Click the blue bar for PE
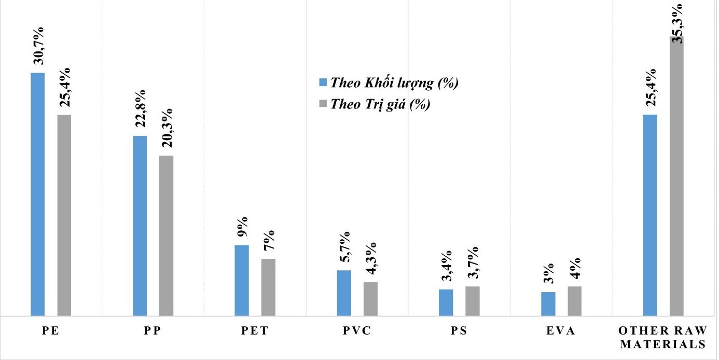click(x=37, y=194)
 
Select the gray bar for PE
click(x=64, y=215)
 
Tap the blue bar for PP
click(x=140, y=226)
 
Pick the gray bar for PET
click(x=268, y=287)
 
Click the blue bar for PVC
click(x=344, y=293)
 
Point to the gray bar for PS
click(x=472, y=301)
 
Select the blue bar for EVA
click(x=548, y=303)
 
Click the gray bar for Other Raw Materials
click(x=676, y=176)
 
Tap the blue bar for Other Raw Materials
click(x=650, y=215)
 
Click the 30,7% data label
click(x=38, y=46)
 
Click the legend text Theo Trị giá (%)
click(x=381, y=104)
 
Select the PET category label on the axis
click(x=255, y=331)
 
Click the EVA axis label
click(x=561, y=331)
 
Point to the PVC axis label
click(x=357, y=331)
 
